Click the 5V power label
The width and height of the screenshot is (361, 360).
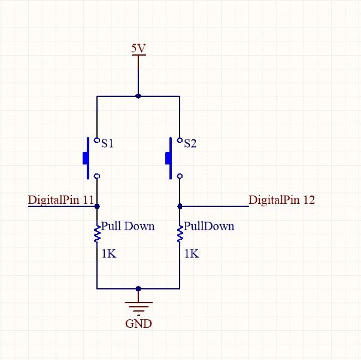click(x=139, y=48)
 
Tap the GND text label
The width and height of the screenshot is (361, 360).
click(x=139, y=324)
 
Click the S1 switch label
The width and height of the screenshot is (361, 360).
click(x=107, y=144)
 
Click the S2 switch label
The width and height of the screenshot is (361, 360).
click(x=190, y=144)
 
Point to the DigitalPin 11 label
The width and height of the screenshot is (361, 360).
click(x=61, y=200)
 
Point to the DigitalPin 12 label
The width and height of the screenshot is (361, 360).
click(x=281, y=200)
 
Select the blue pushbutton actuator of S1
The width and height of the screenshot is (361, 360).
click(x=86, y=158)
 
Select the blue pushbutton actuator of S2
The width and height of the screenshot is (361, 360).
click(x=169, y=158)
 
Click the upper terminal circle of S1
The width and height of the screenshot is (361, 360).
click(x=97, y=140)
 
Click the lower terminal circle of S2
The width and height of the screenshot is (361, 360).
click(x=180, y=176)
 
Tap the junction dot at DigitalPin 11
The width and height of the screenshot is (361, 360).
click(x=97, y=206)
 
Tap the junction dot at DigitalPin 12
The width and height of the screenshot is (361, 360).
click(x=180, y=206)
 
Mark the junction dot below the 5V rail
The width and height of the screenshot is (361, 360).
click(x=138, y=96)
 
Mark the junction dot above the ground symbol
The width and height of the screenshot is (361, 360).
click(x=138, y=288)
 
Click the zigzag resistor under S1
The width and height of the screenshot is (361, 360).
click(x=97, y=234)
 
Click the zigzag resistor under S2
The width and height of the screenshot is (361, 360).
click(x=180, y=234)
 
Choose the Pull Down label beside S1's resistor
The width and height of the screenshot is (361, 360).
click(x=128, y=226)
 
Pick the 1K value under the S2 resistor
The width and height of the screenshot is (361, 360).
click(x=192, y=254)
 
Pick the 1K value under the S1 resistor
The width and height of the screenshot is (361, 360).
click(x=109, y=254)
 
